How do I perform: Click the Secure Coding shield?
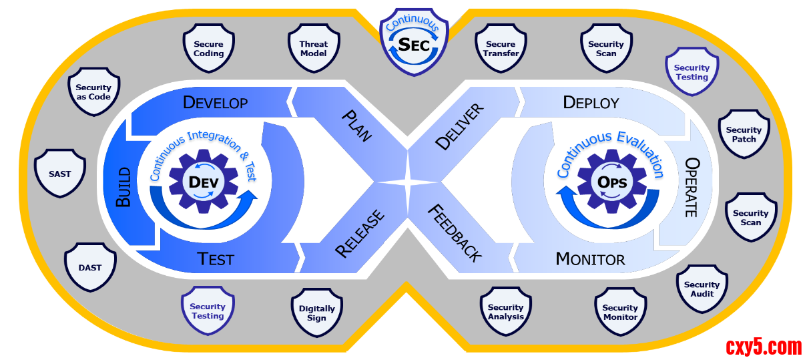209,49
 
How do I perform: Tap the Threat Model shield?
313,49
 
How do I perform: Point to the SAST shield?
60,174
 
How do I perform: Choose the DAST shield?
90,267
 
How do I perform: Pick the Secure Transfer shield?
501,49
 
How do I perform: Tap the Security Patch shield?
744,134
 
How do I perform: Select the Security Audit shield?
702,289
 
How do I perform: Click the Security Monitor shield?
620,312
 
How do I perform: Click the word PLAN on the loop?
357,125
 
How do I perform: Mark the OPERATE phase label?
692,188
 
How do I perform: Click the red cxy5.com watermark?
763,347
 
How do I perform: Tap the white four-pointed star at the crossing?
407,182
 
